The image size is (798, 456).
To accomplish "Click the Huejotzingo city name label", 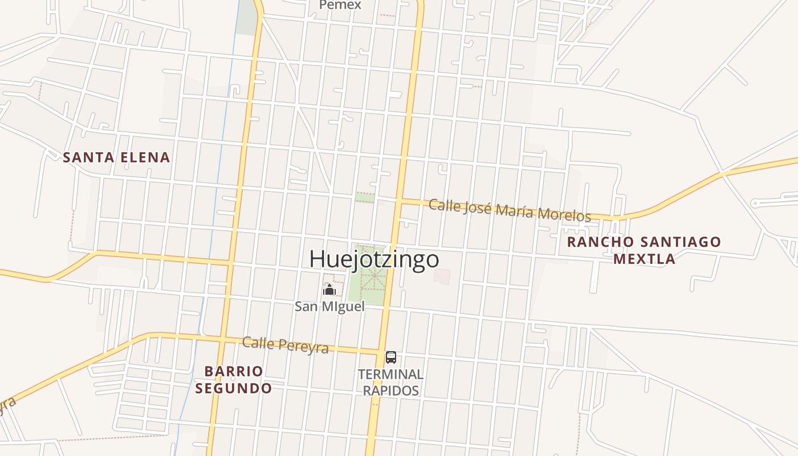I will [374, 259].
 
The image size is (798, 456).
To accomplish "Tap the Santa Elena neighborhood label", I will [116, 157].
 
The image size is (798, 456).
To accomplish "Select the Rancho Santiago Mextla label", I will [644, 250].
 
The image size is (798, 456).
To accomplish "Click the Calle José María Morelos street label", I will [509, 210].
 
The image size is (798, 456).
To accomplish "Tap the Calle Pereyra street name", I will [285, 345].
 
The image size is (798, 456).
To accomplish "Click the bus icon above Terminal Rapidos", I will [390, 357].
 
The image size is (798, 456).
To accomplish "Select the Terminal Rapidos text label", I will [390, 382].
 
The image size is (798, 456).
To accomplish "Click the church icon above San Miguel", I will [329, 290].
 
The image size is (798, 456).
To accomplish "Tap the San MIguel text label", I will [329, 306].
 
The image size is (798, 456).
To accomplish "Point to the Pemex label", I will [340, 5].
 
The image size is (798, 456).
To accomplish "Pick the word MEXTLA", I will [644, 259].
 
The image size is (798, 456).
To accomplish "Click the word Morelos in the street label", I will [564, 214].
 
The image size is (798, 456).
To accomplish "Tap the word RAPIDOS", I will [390, 390].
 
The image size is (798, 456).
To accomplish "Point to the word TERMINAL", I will [390, 374].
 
